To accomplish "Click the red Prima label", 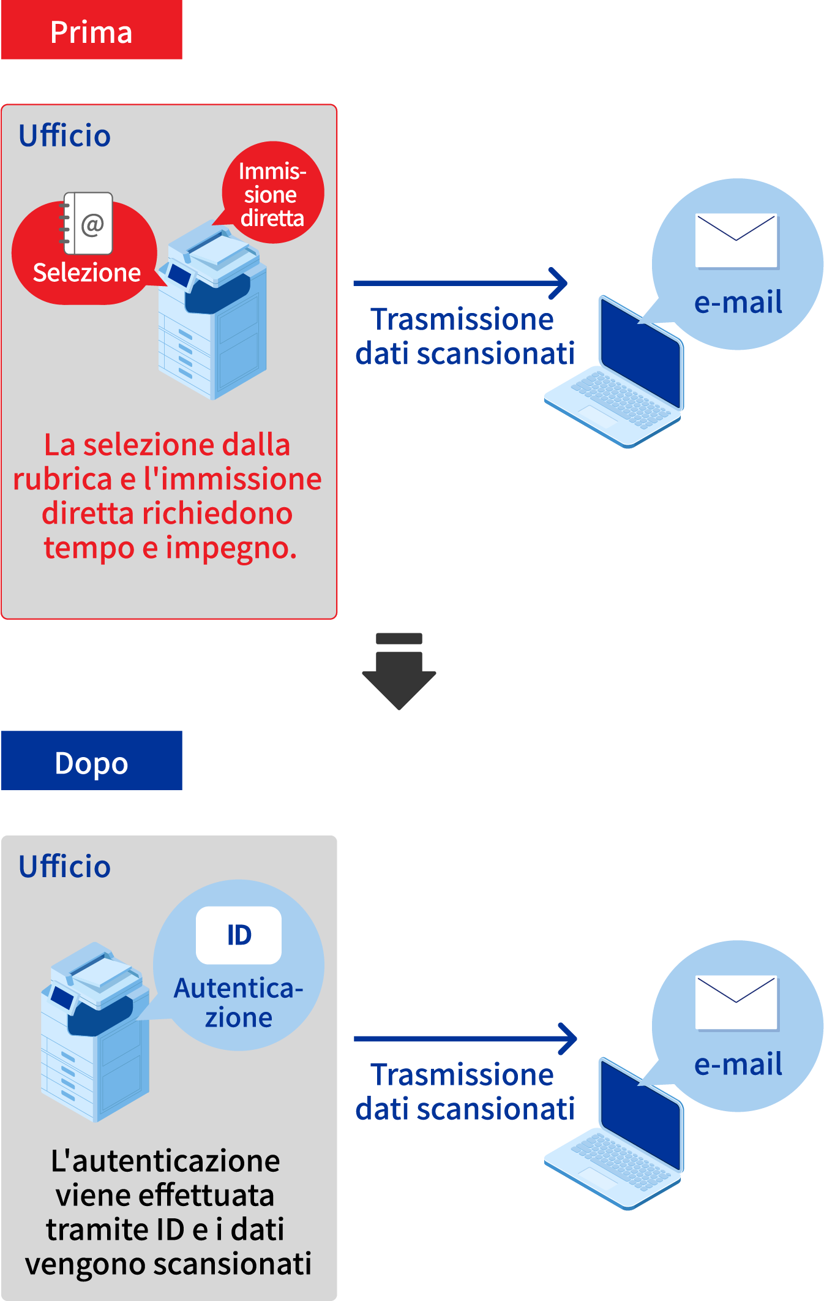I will [92, 31].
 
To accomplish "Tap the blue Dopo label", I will [92, 761].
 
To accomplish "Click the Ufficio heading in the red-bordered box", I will [64, 135].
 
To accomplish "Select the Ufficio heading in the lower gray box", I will [64, 866].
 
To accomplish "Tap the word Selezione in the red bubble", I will [86, 273].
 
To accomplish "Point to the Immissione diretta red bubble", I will [272, 194].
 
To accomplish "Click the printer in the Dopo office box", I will [96, 1035].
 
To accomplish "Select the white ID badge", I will [239, 935].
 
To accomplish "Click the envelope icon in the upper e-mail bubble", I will [736, 241].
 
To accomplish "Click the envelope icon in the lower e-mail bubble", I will [736, 1003].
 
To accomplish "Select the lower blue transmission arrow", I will [465, 1038].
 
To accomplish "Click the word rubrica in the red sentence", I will [63, 479].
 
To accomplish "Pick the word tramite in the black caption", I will [85, 1229].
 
